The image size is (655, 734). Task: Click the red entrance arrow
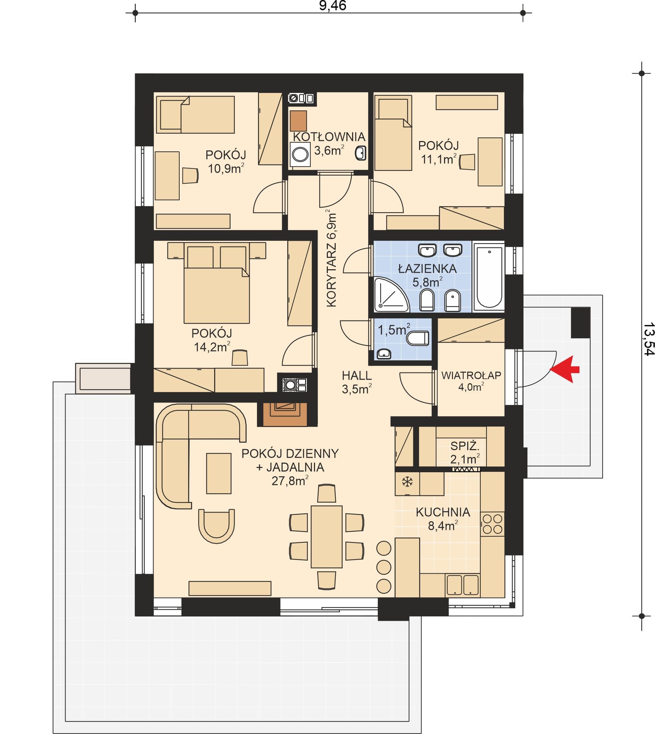(x=566, y=369)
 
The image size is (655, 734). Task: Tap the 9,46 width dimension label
(x=332, y=6)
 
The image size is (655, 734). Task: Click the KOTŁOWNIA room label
(x=329, y=137)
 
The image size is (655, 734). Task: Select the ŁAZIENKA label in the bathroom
(x=428, y=269)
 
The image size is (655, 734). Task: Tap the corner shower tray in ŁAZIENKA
(x=392, y=294)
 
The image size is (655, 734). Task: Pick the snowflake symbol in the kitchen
(x=407, y=481)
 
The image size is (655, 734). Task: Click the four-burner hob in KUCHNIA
(x=492, y=524)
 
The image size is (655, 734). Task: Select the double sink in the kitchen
(x=463, y=585)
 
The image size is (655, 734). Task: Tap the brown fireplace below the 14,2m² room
(x=285, y=414)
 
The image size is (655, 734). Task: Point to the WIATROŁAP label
(x=471, y=375)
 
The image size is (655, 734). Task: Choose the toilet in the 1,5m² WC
(x=417, y=338)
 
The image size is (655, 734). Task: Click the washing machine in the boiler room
(x=300, y=154)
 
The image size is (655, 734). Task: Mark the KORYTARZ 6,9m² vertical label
(x=331, y=258)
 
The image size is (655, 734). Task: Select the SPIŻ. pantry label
(x=465, y=446)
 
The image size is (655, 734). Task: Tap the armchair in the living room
(x=216, y=526)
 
